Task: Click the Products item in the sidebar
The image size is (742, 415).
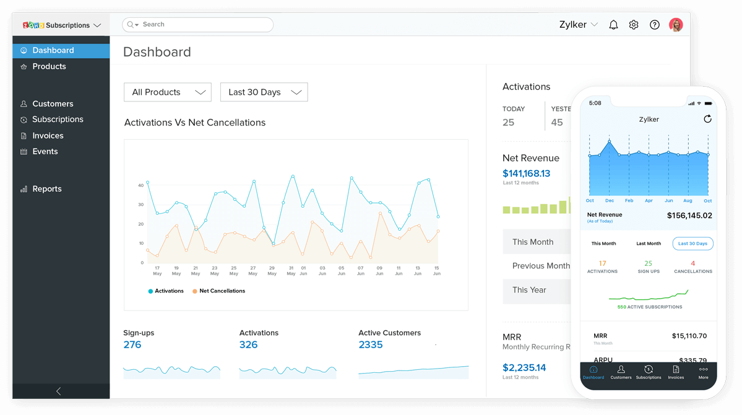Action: (49, 66)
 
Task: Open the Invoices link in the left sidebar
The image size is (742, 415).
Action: (48, 135)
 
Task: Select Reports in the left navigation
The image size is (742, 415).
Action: (46, 189)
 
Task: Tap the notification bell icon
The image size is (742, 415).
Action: (613, 25)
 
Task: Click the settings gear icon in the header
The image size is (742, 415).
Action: (634, 25)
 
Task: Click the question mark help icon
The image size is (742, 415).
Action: (654, 25)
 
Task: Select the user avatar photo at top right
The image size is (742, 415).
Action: (676, 25)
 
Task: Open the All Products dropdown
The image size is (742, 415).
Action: (168, 92)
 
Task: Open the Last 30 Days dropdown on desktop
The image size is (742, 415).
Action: (264, 92)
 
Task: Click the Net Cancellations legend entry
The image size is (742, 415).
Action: (222, 291)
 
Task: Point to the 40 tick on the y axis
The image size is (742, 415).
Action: (141, 185)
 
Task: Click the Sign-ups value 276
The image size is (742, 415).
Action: (132, 344)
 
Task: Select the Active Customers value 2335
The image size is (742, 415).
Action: (371, 344)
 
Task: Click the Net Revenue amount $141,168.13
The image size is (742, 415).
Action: (526, 173)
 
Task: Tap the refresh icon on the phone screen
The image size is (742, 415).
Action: (707, 119)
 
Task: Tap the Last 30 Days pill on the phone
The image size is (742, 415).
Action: (692, 244)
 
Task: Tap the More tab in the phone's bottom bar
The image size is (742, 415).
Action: (703, 372)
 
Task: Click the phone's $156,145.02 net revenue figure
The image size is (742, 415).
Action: (689, 216)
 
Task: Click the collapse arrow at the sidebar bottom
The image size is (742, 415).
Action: (59, 391)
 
